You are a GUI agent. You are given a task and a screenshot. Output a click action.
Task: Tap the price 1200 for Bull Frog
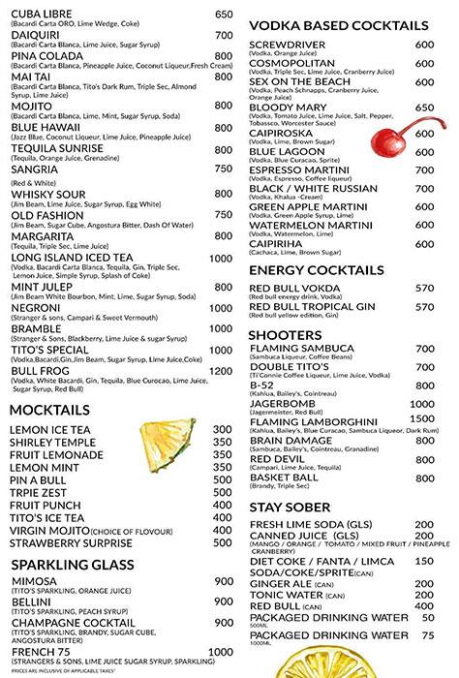click(221, 371)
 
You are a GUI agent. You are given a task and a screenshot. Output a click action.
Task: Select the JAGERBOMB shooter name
click(287, 404)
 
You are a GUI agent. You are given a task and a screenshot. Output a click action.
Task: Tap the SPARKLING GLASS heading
click(72, 564)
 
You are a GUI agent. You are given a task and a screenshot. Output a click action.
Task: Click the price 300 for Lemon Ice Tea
click(222, 429)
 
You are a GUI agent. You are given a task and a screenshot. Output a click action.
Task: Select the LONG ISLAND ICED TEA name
click(80, 259)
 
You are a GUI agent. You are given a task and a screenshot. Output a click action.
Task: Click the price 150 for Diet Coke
click(423, 560)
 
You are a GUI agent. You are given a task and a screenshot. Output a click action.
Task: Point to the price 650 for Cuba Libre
click(223, 14)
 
